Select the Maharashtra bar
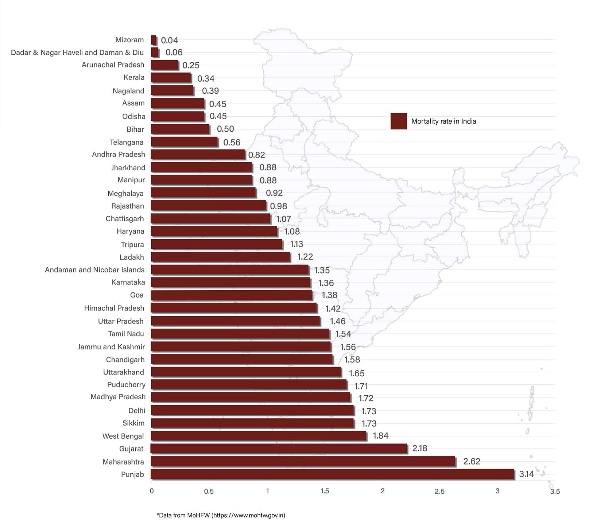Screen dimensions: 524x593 tap(303, 461)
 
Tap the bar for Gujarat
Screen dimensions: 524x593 tap(279, 449)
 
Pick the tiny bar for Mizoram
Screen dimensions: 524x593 tap(154, 40)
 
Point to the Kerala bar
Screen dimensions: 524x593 tap(171, 78)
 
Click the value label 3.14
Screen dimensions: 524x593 tap(526, 474)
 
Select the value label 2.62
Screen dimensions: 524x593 tap(472, 461)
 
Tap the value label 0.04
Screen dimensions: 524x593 tap(170, 40)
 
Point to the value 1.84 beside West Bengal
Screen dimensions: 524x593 tap(380, 436)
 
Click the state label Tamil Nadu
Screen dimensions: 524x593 tap(126, 334)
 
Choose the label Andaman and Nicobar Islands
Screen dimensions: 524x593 tap(95, 270)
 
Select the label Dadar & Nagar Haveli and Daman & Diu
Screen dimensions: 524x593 tap(77, 53)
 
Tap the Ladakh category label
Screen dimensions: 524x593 tap(132, 257)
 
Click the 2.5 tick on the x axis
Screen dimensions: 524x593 tap(439, 491)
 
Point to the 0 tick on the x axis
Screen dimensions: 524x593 tap(152, 491)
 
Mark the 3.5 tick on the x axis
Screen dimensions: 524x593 tap(555, 492)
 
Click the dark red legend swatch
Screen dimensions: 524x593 tap(399, 121)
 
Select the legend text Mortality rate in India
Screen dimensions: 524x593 tap(443, 121)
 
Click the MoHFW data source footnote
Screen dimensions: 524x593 tap(221, 515)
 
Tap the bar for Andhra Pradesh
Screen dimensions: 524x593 tap(198, 155)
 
